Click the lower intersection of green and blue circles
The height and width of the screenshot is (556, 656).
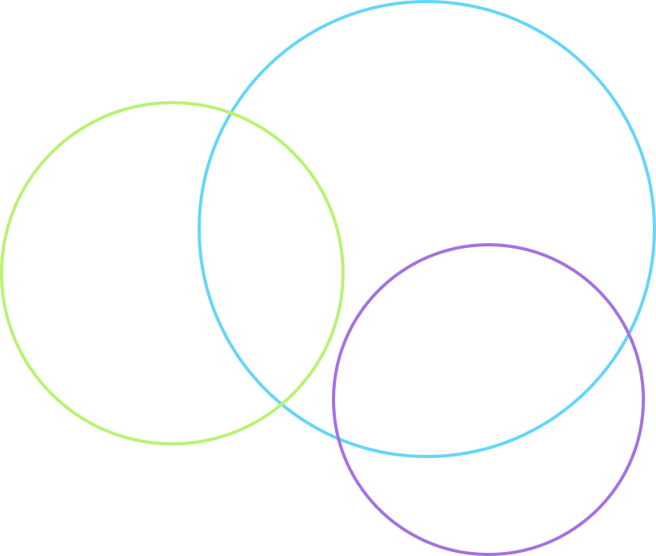tap(282, 404)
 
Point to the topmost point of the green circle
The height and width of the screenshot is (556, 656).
tap(172, 103)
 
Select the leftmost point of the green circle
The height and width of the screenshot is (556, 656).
tap(2, 273)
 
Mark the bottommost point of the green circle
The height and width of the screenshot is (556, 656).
tap(172, 443)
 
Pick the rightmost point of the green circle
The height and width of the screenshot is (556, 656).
tap(343, 273)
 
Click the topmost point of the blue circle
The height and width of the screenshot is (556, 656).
tap(427, 3)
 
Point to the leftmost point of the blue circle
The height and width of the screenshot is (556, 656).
tap(199, 229)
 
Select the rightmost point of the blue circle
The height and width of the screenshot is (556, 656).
tap(654, 229)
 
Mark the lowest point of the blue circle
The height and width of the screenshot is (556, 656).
tap(427, 456)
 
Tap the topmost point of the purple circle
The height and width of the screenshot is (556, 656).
tap(488, 245)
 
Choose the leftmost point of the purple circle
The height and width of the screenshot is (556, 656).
tap(334, 399)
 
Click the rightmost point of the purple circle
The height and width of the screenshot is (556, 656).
tap(643, 399)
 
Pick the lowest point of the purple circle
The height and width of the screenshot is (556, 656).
tap(488, 553)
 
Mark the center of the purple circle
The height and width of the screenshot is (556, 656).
tap(488, 399)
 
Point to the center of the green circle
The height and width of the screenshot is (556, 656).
tap(172, 273)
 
